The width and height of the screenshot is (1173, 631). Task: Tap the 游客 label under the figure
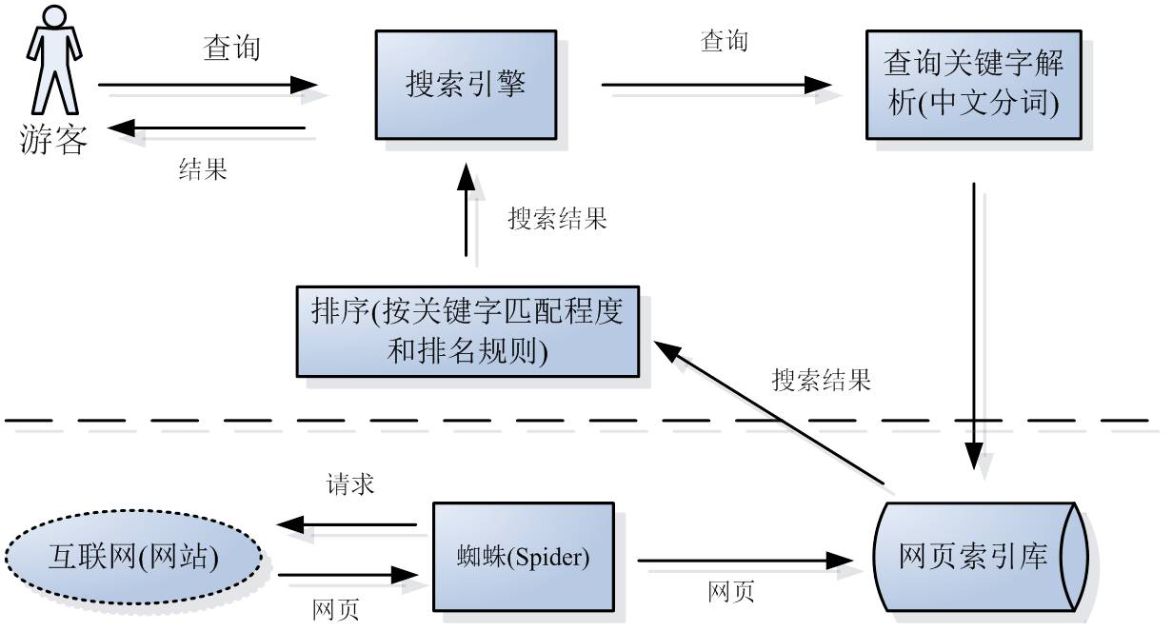pos(53,141)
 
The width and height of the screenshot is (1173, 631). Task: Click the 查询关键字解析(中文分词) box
pos(974,84)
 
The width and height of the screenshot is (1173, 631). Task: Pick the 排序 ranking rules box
pos(467,329)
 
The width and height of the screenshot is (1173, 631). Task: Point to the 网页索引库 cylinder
pos(981,556)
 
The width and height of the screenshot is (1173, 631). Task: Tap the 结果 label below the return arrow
pos(203,169)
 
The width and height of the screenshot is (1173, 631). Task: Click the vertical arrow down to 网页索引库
pos(974,324)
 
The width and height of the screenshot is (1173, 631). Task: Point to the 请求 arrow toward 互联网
pos(348,524)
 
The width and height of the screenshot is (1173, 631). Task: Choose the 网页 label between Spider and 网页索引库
pos(731,593)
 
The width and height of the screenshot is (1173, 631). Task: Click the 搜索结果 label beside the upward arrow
pos(557,219)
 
